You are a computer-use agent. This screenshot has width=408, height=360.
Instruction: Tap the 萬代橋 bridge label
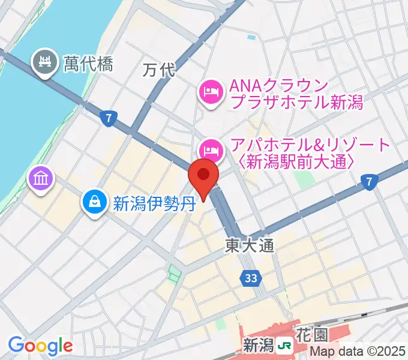pyautogui.click(x=88, y=63)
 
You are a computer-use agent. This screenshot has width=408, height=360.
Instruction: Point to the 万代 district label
pyautogui.click(x=158, y=70)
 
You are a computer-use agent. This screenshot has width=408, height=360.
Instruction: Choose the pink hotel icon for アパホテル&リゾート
pyautogui.click(x=209, y=147)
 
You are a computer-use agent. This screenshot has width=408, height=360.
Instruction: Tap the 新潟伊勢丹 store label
pyautogui.click(x=155, y=202)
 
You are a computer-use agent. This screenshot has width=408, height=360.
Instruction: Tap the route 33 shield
pyautogui.click(x=251, y=277)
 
